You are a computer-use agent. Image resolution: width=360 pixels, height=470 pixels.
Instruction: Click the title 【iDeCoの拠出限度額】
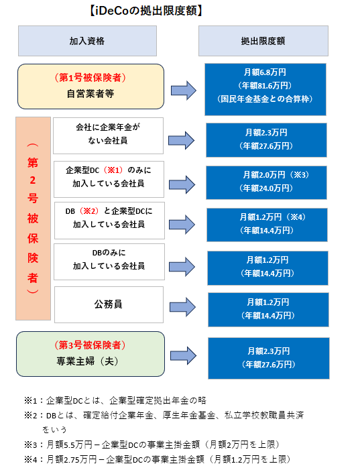click(146, 11)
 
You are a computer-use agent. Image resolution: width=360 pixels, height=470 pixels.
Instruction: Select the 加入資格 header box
click(87, 41)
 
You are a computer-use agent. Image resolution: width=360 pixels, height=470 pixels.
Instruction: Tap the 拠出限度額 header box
click(263, 41)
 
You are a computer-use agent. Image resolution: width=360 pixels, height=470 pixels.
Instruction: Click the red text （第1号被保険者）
click(91, 78)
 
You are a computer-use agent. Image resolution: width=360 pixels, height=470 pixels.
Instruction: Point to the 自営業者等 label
click(91, 94)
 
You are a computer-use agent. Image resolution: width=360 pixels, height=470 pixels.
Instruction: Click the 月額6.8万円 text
click(265, 72)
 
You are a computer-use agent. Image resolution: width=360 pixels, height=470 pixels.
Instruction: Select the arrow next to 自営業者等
click(184, 91)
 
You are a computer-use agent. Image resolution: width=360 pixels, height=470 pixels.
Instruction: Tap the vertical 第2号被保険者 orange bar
click(33, 219)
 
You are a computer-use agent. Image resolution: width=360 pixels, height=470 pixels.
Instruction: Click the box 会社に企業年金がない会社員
click(108, 136)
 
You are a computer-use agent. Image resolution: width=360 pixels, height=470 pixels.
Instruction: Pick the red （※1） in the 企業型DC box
click(113, 170)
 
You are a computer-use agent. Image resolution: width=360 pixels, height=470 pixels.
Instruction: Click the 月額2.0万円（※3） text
click(276, 175)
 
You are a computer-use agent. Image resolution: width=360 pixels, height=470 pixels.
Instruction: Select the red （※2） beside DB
click(88, 211)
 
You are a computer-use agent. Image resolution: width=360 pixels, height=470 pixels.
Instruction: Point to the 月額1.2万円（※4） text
click(272, 217)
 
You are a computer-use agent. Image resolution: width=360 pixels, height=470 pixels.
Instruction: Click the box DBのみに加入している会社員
click(109, 262)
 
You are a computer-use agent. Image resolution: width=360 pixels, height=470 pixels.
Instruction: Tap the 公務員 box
click(109, 304)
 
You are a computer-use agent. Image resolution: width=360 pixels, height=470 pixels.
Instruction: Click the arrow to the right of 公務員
click(183, 307)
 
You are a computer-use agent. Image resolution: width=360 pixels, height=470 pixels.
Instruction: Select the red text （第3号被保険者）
click(90, 345)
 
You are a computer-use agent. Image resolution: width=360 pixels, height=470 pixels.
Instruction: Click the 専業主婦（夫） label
click(87, 361)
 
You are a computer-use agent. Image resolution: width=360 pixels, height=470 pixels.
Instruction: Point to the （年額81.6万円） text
click(265, 86)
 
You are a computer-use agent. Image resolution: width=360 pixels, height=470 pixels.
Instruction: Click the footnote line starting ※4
click(158, 459)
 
